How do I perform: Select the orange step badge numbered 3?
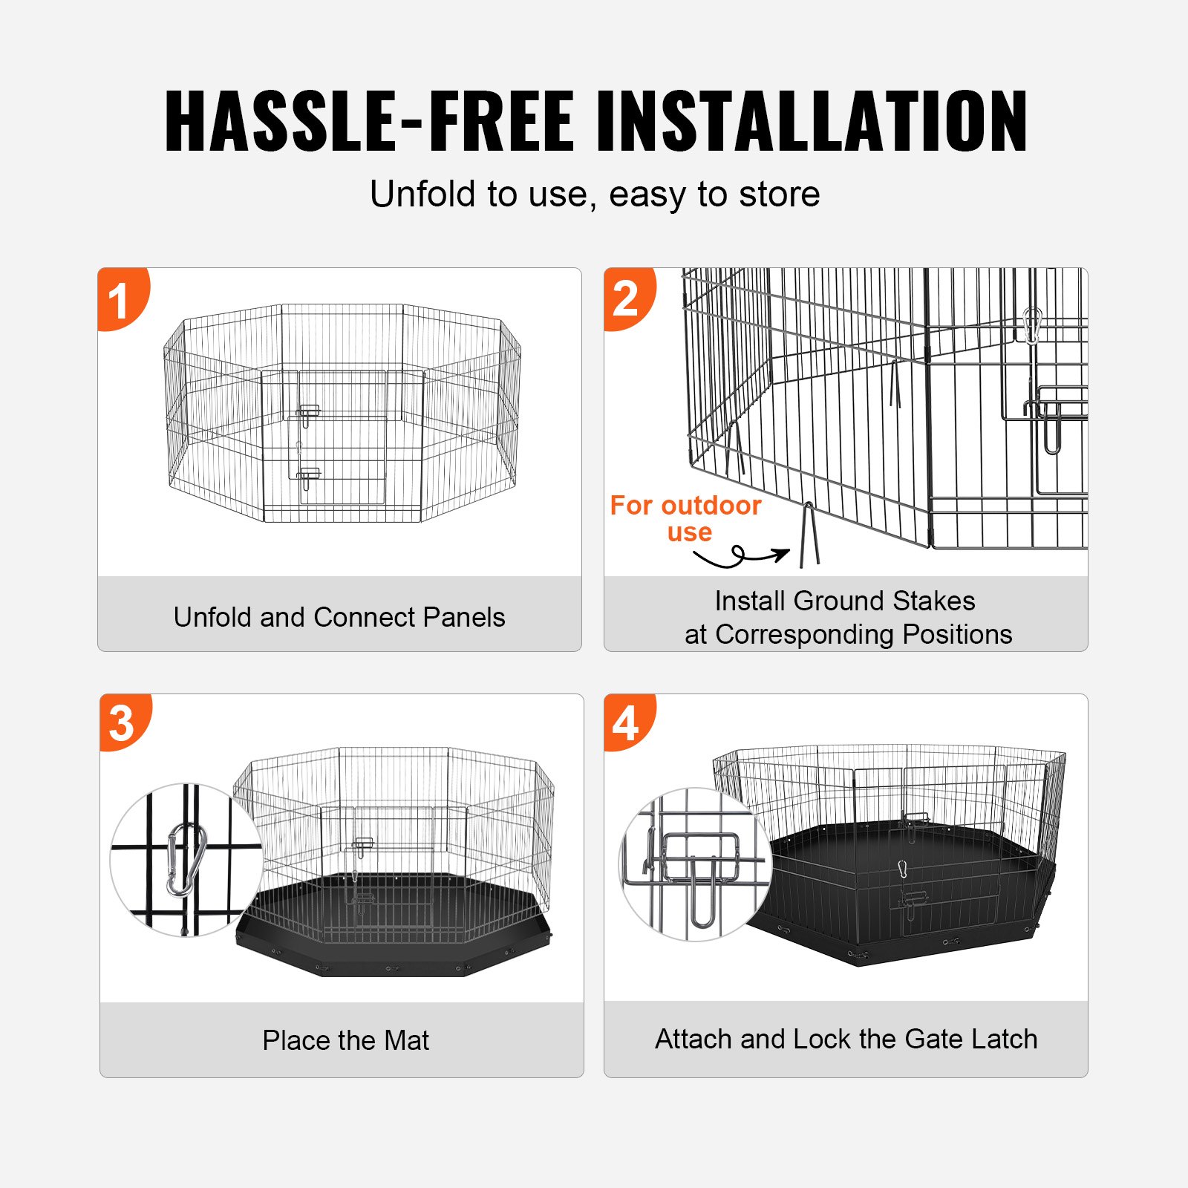pos(123,722)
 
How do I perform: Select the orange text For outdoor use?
pos(686,518)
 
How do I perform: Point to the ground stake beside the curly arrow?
pos(809,535)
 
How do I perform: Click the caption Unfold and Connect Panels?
pos(339,617)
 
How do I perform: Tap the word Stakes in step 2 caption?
pos(933,601)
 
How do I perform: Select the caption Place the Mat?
pos(345,1040)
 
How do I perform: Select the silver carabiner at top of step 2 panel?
pos(1031,325)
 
